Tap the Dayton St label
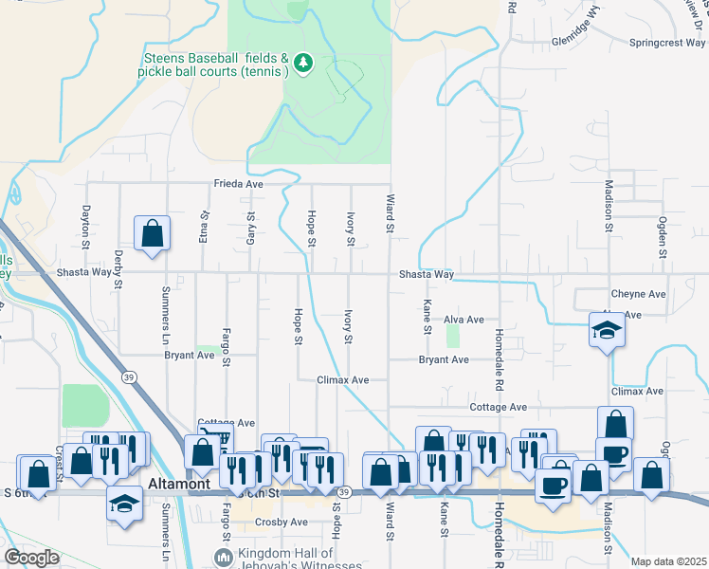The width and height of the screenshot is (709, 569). (x=85, y=227)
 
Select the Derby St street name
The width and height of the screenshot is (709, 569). (x=118, y=268)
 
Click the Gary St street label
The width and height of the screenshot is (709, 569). (x=251, y=229)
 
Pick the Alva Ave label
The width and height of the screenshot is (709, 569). (x=464, y=321)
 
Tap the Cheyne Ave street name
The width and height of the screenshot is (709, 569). (x=639, y=295)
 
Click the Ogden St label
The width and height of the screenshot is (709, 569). (x=663, y=239)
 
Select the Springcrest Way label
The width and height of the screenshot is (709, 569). (x=667, y=44)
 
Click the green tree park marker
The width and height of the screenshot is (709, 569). (x=303, y=63)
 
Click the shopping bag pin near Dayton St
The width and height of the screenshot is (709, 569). (x=152, y=234)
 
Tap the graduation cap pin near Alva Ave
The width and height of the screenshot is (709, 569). (x=607, y=331)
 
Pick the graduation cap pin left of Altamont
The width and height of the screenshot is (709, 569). (x=124, y=504)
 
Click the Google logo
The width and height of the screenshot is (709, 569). (x=31, y=558)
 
